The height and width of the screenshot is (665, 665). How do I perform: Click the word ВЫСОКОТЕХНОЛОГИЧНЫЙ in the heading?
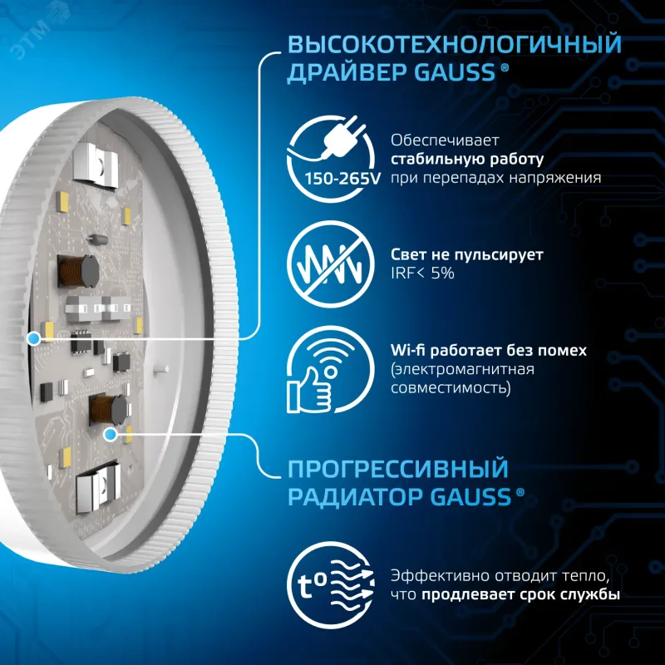[455, 45]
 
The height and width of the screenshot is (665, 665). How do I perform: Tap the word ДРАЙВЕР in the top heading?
[346, 72]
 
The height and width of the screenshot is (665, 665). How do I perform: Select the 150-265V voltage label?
[342, 179]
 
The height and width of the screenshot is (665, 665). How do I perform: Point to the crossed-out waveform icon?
[330, 264]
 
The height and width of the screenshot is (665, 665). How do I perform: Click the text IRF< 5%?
[422, 273]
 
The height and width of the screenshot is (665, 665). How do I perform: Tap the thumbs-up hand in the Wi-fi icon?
[308, 390]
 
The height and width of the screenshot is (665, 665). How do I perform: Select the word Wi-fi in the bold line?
[407, 350]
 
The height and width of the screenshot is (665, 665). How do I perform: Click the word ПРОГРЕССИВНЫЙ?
[398, 469]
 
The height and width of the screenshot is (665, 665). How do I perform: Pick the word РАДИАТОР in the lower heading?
[356, 496]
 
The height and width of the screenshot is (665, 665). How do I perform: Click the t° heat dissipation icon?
[330, 586]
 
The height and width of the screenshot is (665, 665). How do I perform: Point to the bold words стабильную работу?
[467, 160]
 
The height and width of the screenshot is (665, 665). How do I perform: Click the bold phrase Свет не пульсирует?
[467, 254]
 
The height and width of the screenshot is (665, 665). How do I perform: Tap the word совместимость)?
[451, 388]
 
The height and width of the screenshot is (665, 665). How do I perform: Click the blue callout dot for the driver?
[33, 338]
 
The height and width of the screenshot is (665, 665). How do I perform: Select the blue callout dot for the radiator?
[111, 434]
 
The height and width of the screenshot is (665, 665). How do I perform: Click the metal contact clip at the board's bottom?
[97, 487]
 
